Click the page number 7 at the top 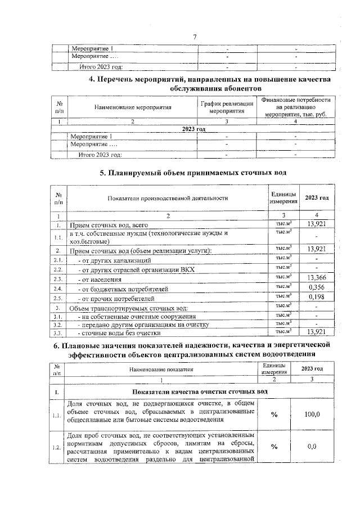[x=195, y=37]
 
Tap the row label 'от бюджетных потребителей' [x=123, y=289]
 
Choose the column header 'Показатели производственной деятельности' [x=166, y=198]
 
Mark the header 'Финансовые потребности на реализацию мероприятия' [x=293, y=107]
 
